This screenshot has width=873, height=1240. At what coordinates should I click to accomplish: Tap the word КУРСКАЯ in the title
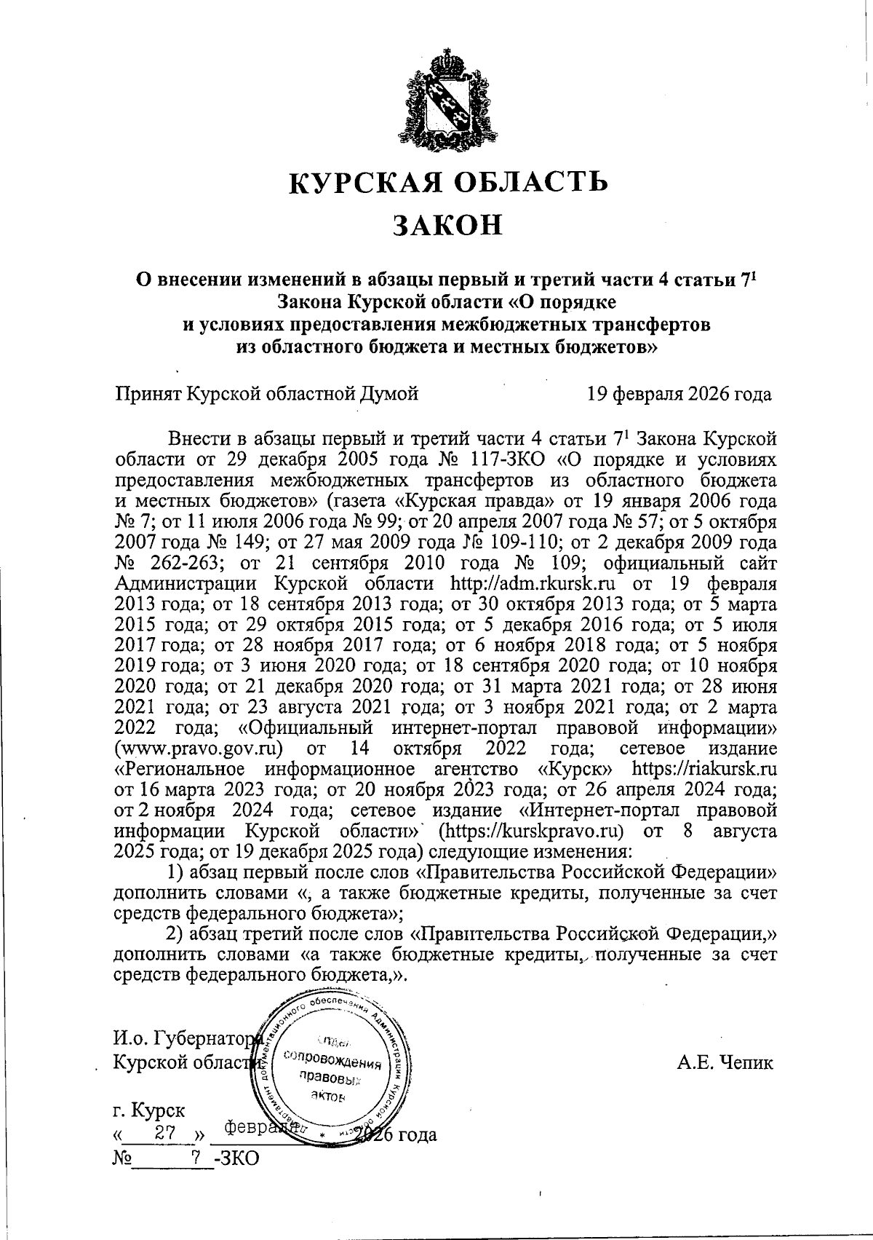point(362,181)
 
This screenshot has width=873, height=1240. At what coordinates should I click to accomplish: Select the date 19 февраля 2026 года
point(679,395)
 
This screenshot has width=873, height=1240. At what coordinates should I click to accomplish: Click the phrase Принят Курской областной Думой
point(267,395)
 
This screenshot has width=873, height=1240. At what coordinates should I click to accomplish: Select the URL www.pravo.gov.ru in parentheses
point(199,749)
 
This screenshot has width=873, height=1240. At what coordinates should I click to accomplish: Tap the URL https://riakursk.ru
point(704,769)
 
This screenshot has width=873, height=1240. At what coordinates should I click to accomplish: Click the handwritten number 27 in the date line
point(164,1134)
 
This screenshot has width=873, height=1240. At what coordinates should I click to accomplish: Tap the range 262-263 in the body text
point(159,564)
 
